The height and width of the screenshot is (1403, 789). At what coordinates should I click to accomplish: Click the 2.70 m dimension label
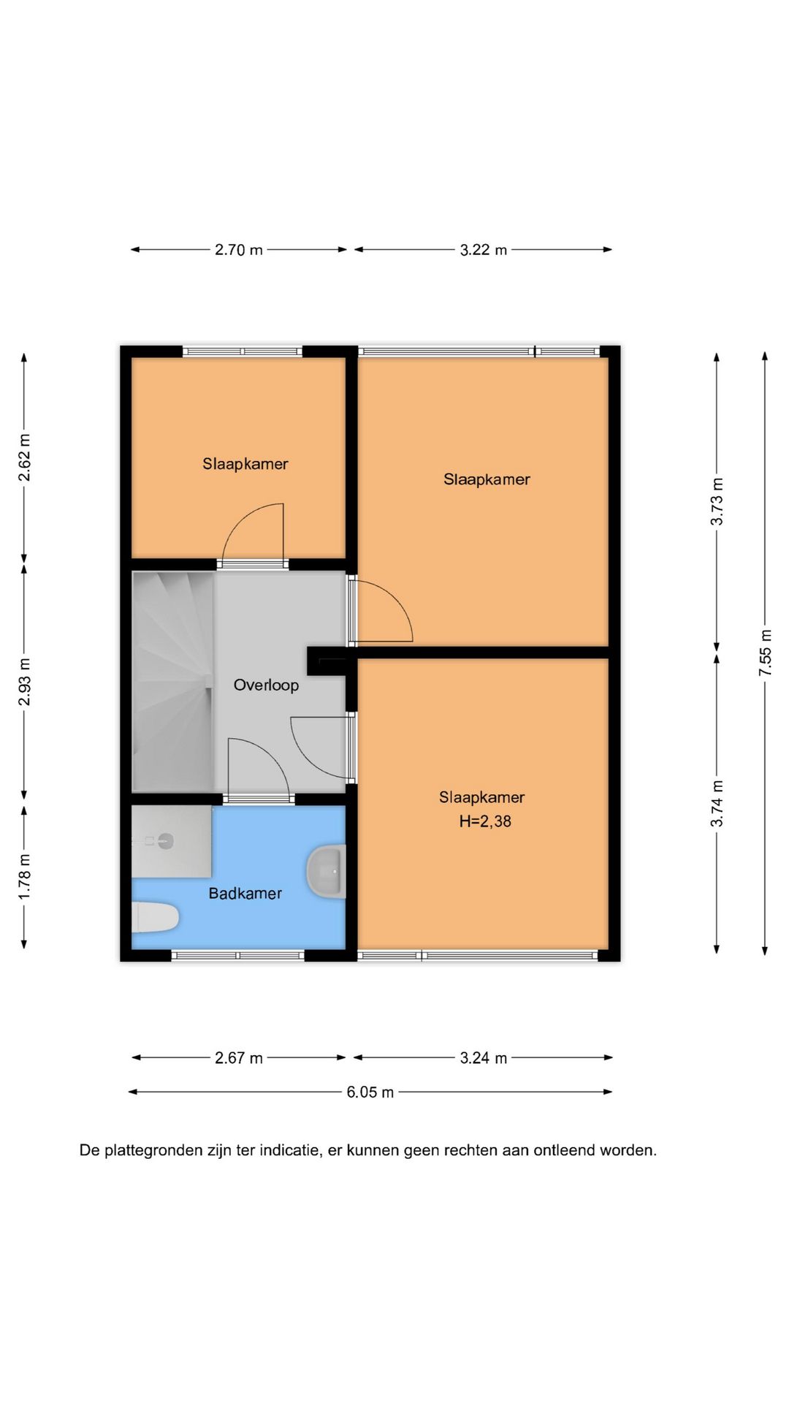(x=239, y=250)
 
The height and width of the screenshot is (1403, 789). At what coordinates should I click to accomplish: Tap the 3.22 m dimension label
(x=484, y=250)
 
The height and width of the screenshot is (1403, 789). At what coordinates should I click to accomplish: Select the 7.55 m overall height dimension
(x=766, y=652)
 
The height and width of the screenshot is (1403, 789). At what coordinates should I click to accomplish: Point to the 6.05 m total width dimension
(x=370, y=1092)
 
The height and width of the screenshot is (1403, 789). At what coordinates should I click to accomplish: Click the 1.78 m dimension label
(x=25, y=876)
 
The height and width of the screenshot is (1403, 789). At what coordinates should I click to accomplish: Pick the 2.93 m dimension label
(x=25, y=683)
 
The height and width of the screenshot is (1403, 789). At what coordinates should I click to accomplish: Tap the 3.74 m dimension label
(x=717, y=803)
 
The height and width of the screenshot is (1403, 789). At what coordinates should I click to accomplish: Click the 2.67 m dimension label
(x=239, y=1058)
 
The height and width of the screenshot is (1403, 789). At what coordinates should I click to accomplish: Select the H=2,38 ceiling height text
(x=485, y=821)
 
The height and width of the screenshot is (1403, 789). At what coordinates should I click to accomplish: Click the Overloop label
(x=266, y=685)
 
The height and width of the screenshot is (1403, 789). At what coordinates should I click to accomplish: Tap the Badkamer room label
(x=245, y=894)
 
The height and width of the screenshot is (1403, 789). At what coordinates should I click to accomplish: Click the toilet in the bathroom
(x=156, y=918)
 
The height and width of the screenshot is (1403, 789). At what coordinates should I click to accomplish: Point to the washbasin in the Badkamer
(x=326, y=872)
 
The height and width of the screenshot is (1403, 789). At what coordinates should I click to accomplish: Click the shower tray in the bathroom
(x=172, y=842)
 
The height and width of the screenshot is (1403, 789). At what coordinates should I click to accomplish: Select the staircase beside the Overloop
(x=173, y=681)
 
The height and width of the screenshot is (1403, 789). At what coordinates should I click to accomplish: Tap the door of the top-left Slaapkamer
(x=253, y=532)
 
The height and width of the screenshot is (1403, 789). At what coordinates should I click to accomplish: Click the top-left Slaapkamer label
(x=245, y=464)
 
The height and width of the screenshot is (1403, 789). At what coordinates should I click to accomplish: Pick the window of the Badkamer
(x=237, y=955)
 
